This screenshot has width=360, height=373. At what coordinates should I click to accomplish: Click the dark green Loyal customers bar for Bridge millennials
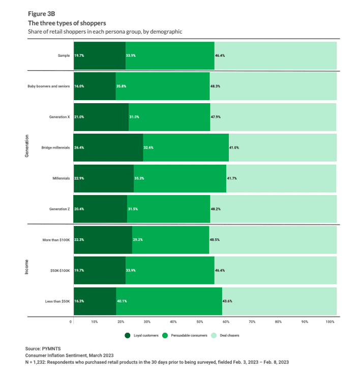pyautogui.click(x=108, y=147)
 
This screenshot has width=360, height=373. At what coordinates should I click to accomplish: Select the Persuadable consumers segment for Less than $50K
pyautogui.click(x=169, y=301)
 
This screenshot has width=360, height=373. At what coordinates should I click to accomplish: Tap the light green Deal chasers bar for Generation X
pyautogui.click(x=274, y=117)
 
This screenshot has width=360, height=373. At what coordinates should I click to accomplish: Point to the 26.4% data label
pyautogui.click(x=79, y=148)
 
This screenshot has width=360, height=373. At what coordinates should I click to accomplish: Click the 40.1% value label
pyautogui.click(x=122, y=301)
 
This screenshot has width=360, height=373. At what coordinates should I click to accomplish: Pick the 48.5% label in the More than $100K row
pyautogui.click(x=215, y=240)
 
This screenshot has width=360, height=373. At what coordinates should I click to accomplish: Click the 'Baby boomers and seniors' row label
pyautogui.click(x=49, y=86)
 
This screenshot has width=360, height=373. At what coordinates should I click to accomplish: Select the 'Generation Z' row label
pyautogui.click(x=59, y=209)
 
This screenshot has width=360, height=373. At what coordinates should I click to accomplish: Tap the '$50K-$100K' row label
pyautogui.click(x=60, y=271)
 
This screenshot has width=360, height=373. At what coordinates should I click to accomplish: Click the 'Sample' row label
pyautogui.click(x=64, y=55)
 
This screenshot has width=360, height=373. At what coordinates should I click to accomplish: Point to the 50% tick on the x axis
pyautogui.click(x=199, y=322)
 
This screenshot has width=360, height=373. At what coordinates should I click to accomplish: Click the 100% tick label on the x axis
pyautogui.click(x=330, y=322)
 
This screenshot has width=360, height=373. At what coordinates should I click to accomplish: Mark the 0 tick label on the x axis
pyautogui.click(x=71, y=322)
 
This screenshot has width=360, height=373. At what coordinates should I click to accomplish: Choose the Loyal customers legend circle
pyautogui.click(x=128, y=335)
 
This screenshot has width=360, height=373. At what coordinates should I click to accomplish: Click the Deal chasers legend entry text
pyautogui.click(x=229, y=335)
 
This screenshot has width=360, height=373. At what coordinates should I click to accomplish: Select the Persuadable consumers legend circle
pyautogui.click(x=165, y=335)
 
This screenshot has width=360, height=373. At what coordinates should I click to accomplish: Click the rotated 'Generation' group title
pyautogui.click(x=26, y=146)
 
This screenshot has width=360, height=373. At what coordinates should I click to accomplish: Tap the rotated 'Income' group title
pyautogui.click(x=26, y=267)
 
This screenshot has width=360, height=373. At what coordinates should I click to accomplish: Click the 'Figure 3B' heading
pyautogui.click(x=41, y=14)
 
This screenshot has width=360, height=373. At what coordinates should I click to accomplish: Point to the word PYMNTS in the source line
pyautogui.click(x=51, y=349)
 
